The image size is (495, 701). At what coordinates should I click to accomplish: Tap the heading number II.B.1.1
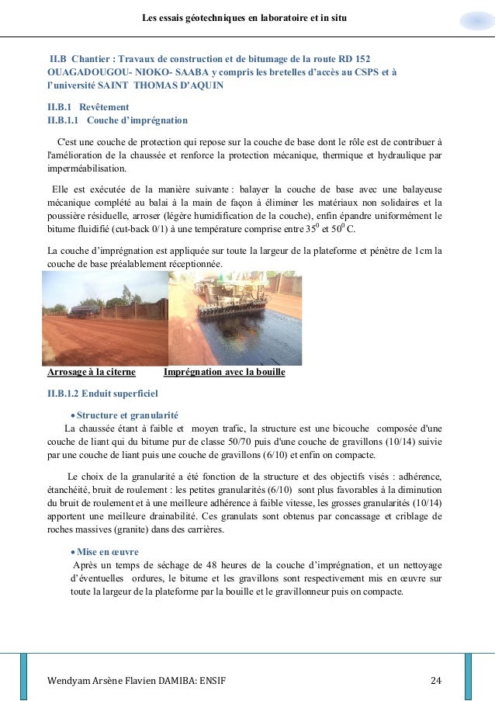[x=64, y=120]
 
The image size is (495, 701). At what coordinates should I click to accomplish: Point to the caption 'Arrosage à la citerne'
[x=92, y=373]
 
